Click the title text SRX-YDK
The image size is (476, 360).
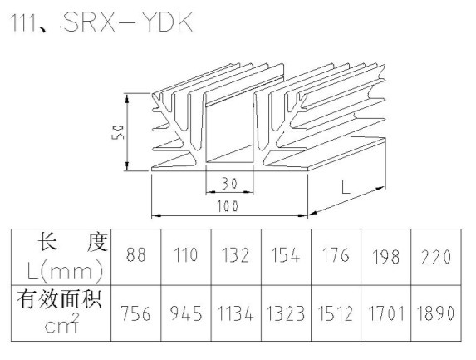pos(128,22)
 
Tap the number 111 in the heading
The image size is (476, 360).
pos(23,22)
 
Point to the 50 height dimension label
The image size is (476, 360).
pos(118,131)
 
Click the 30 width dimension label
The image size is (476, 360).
pos(229,184)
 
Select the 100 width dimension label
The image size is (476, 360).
pos(228,206)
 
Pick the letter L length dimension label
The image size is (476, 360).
pos(346,187)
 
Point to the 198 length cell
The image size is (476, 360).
pos(385,257)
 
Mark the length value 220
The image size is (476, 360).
pos(435,257)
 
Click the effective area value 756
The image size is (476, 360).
pos(135,313)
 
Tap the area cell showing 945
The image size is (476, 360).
pos(186,313)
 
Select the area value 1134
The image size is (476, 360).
pos(236,313)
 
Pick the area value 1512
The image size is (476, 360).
pos(336,313)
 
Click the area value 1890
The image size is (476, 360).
pos(435,313)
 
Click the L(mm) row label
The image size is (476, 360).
pos(65,269)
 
